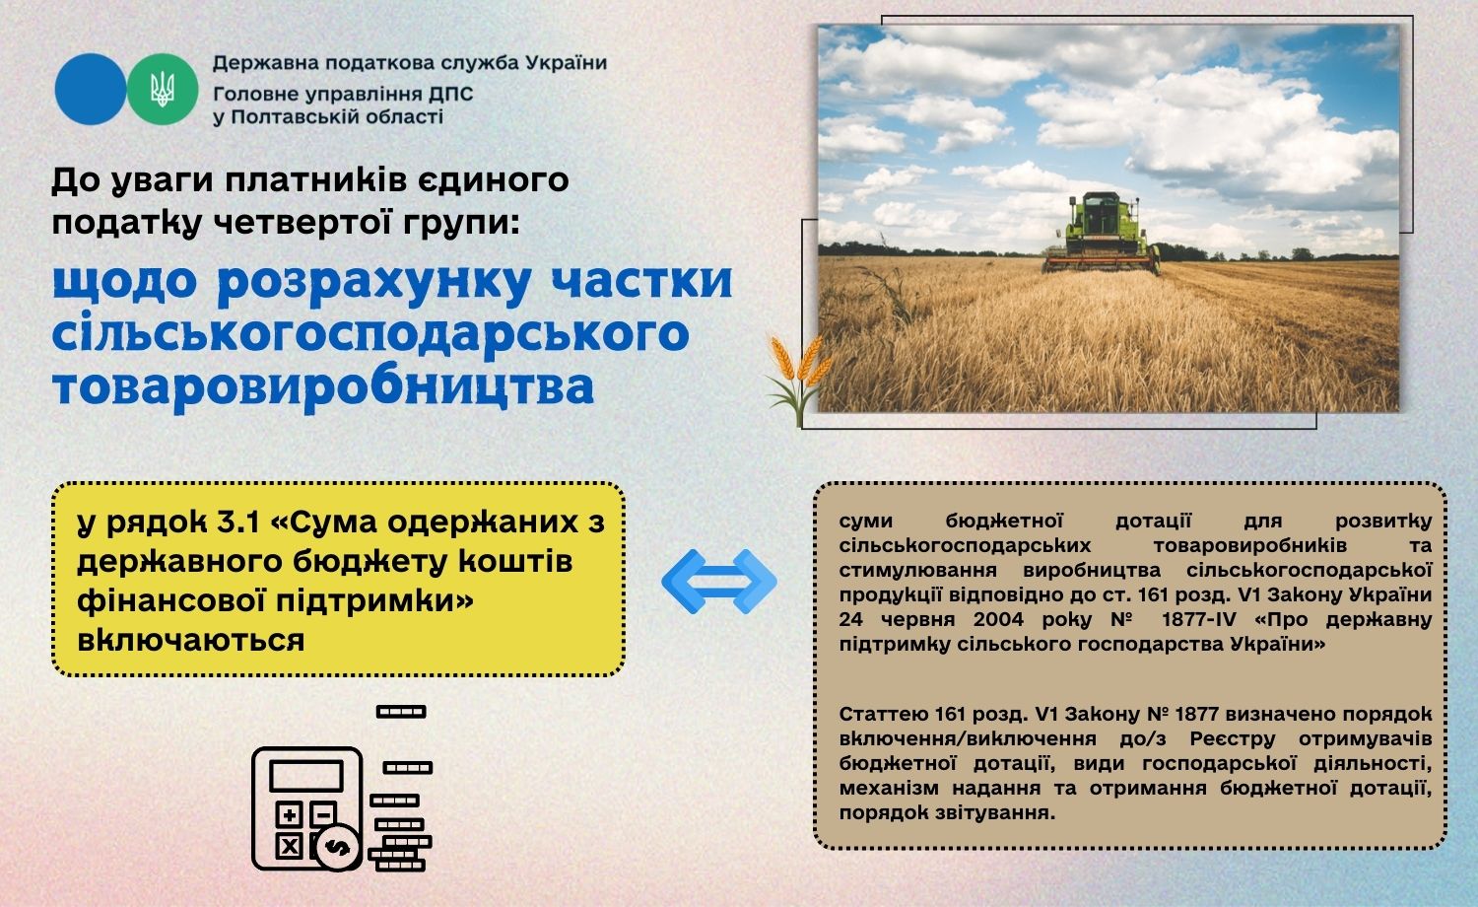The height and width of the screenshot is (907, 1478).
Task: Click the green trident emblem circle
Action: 163,89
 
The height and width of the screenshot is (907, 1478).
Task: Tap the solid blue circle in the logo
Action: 91,89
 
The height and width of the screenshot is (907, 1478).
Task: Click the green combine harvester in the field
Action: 1101,233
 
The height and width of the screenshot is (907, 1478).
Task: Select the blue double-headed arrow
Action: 719,582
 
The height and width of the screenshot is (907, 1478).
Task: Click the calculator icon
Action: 306,808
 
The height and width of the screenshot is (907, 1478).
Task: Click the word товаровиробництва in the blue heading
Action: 323,386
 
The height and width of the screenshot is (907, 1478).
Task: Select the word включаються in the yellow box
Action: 191,640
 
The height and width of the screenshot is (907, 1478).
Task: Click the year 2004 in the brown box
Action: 998,620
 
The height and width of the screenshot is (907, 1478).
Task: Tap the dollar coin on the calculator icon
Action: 338,847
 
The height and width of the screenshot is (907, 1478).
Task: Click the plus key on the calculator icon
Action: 289,815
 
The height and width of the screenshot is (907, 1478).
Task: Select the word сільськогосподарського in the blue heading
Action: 370,334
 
